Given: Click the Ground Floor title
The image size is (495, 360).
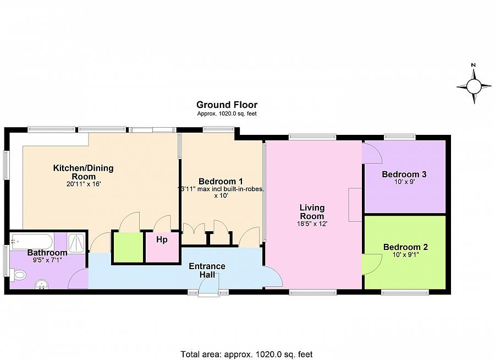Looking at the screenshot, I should tap(227, 105).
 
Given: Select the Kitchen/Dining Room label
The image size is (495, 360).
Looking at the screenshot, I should tap(83, 172).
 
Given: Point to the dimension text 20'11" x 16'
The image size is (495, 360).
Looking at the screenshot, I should tap(83, 185).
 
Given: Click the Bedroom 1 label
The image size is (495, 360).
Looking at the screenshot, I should tap(221, 181).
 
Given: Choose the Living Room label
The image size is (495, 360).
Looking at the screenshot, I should tap(312, 212).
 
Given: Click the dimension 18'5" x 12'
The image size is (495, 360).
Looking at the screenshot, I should tap(312, 224).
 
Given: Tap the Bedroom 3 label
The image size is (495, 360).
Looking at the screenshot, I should tap(404, 174).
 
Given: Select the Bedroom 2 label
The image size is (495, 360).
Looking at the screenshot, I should tap(405, 247).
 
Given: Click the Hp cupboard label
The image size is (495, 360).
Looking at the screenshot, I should tap(162, 240).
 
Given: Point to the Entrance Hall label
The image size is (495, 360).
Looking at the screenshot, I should tap(207, 270).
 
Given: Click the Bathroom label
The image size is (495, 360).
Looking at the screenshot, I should tap(47, 253).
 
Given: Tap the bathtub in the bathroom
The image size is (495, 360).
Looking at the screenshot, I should tap(31, 241).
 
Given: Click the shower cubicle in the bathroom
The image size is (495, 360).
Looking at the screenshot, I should tap(76, 242).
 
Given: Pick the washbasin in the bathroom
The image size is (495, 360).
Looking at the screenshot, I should tap(41, 284).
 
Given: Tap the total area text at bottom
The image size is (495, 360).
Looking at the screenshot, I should tap(246, 354).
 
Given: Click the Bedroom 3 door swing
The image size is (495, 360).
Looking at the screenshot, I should tap(371, 152).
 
